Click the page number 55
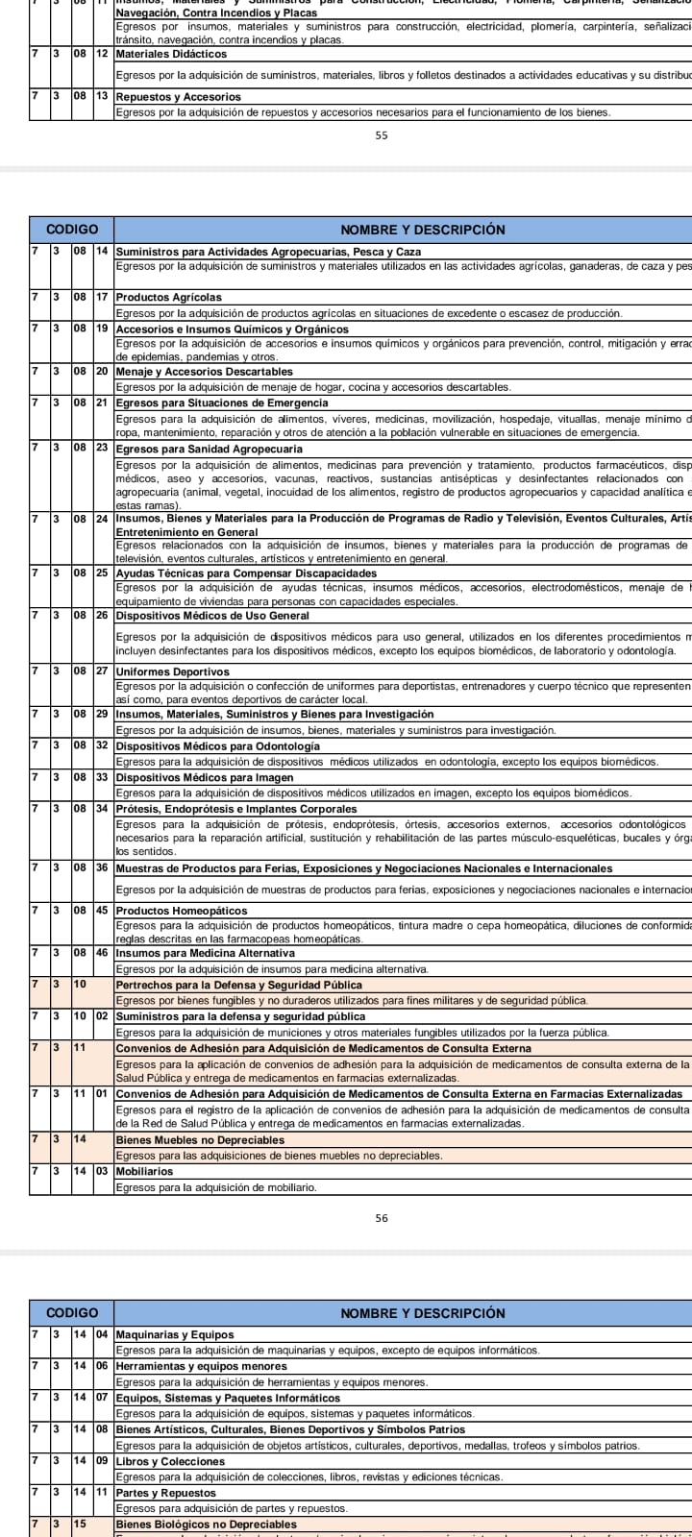pyautogui.click(x=382, y=135)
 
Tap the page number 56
pyautogui.click(x=382, y=1218)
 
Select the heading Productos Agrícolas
pyautogui.click(x=168, y=297)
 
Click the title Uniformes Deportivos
pyautogui.click(x=172, y=671)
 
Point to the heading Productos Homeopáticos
pyautogui.click(x=181, y=911)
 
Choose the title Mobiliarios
pyautogui.click(x=144, y=1172)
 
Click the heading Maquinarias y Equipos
pyautogui.click(x=174, y=1334)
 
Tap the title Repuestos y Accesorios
pyautogui.click(x=178, y=97)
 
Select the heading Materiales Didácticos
pyautogui.click(x=171, y=54)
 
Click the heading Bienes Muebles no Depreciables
pyautogui.click(x=200, y=1140)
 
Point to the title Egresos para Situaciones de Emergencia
pyautogui.click(x=223, y=403)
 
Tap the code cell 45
pyautogui.click(x=102, y=911)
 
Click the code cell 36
pyautogui.click(x=102, y=868)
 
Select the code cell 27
pyautogui.click(x=102, y=671)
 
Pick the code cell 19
pyautogui.click(x=102, y=329)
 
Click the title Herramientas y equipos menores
pyautogui.click(x=201, y=1366)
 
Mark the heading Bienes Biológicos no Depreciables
pyautogui.click(x=206, y=1525)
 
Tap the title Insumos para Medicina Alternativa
pyautogui.click(x=205, y=953)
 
